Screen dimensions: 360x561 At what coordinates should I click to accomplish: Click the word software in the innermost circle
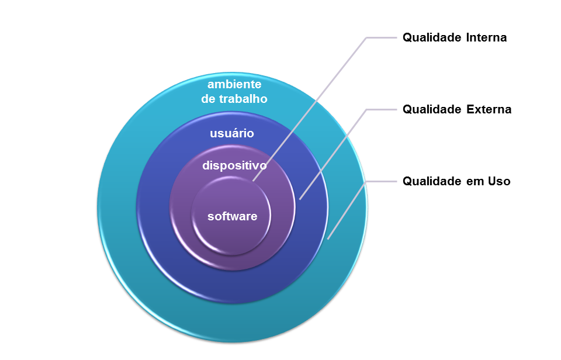point(232,216)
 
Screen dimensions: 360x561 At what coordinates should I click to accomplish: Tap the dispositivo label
point(234,165)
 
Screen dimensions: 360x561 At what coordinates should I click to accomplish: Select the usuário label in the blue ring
point(232,133)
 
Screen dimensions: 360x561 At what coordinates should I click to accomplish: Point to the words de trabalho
point(234,99)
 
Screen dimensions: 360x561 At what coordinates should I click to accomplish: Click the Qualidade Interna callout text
point(455,38)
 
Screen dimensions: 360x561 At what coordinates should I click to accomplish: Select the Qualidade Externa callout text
point(457,109)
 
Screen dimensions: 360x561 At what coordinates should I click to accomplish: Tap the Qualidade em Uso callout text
point(456,181)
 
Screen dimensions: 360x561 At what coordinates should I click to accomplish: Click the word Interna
point(487,38)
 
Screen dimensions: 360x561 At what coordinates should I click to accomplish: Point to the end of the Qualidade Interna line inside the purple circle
point(254,181)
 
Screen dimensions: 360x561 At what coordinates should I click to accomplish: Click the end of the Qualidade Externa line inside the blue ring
point(300,199)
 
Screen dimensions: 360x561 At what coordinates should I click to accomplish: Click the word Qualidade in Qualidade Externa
point(431,109)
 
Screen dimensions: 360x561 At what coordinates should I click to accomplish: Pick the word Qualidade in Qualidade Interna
point(431,38)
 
